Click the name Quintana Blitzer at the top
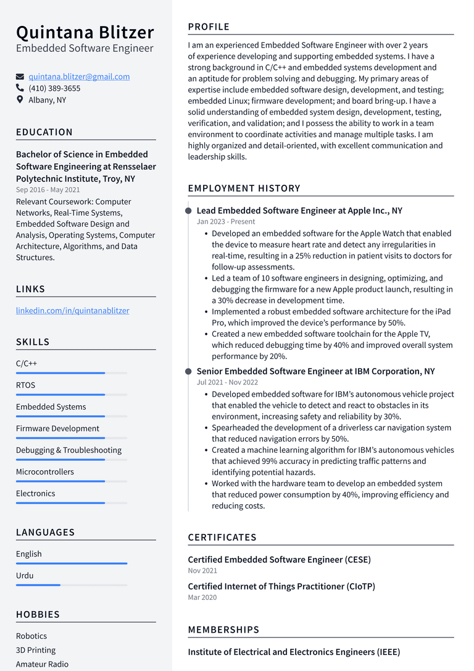click(x=85, y=32)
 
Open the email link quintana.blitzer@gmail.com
click(x=79, y=77)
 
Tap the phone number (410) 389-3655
click(x=54, y=88)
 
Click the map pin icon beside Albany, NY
click(x=20, y=99)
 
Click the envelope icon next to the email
click(x=20, y=77)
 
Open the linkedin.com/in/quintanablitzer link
click(x=73, y=310)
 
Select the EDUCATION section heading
click(x=44, y=132)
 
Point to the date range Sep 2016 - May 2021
click(x=48, y=190)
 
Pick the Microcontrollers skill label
click(x=45, y=471)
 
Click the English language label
click(x=29, y=554)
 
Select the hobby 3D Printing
click(x=36, y=650)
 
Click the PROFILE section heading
click(x=209, y=27)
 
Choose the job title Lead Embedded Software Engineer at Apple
click(x=299, y=211)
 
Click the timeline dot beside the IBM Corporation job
click(x=188, y=371)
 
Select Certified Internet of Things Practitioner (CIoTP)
click(x=281, y=586)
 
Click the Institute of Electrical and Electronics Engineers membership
click(x=294, y=652)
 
